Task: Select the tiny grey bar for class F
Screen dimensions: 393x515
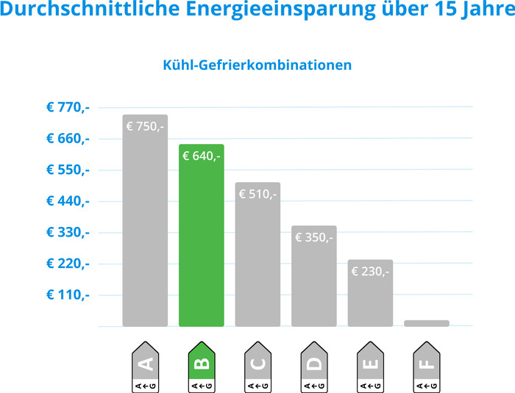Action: (427, 323)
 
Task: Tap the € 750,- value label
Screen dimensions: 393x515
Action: (145, 126)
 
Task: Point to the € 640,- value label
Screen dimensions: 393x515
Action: (202, 156)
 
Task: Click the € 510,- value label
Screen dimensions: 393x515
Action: (257, 194)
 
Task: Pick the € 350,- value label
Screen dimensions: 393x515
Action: (314, 237)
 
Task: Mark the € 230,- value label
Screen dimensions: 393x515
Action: (370, 271)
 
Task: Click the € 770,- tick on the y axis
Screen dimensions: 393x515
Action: (68, 107)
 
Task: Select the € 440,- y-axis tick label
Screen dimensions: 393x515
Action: (68, 201)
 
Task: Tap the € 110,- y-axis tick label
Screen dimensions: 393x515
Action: (68, 295)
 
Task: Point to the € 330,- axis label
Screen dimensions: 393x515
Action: (68, 232)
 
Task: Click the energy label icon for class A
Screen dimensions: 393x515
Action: (145, 365)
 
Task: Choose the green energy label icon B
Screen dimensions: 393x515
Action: (202, 365)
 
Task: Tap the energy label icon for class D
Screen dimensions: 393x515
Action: (314, 365)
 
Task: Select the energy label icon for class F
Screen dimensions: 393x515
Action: (427, 365)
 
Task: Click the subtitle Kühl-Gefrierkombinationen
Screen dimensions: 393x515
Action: (257, 65)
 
